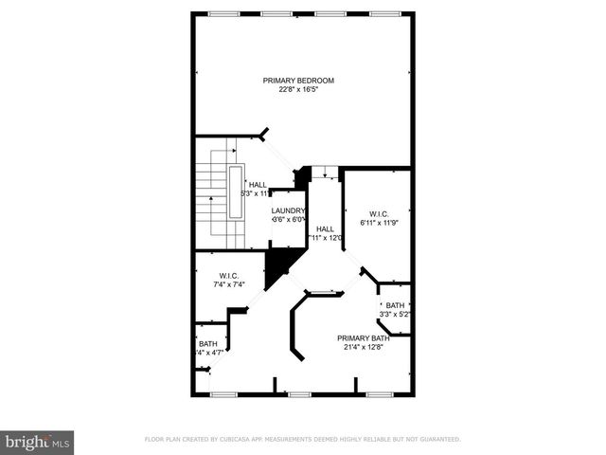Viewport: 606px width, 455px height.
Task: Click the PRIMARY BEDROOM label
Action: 299,81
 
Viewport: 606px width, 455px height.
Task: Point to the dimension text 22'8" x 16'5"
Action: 299,90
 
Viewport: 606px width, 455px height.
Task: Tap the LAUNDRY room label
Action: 288,210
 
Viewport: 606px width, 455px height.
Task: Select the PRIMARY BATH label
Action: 364,338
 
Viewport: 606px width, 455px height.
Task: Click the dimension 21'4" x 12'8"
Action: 364,348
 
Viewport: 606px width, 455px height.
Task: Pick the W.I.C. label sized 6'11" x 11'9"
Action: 380,213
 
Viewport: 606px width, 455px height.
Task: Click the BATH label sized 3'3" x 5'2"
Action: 394,305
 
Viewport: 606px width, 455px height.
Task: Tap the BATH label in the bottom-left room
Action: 208,344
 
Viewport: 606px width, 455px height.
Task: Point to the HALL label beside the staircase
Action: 258,185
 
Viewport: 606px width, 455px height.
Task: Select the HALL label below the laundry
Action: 325,228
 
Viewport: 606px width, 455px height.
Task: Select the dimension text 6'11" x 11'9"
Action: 380,223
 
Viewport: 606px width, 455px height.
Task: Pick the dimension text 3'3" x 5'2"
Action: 394,315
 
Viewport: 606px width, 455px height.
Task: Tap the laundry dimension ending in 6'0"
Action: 288,220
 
